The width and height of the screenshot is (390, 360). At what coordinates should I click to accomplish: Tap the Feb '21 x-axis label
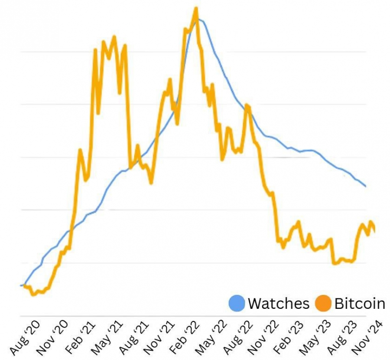80,338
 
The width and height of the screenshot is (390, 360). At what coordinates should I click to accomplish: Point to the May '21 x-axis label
107,338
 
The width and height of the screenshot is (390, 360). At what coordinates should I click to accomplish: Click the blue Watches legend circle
237,303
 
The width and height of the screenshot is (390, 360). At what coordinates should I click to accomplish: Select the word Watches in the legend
279,303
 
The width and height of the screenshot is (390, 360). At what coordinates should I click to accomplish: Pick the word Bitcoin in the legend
360,303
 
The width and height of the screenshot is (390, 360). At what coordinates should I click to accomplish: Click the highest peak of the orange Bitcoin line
196,8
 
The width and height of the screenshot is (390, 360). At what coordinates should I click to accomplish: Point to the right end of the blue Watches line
366,186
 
